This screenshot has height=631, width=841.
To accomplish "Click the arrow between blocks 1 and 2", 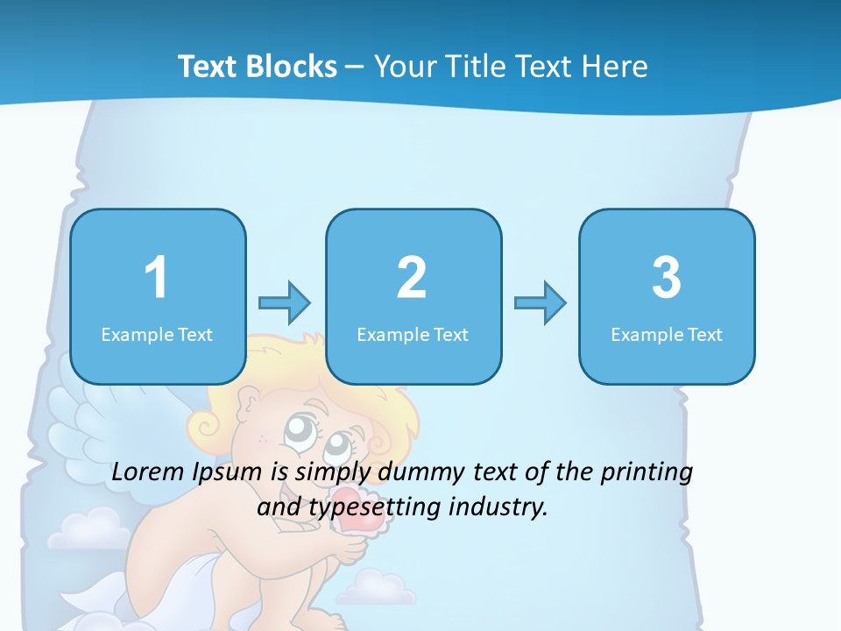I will point(285,303).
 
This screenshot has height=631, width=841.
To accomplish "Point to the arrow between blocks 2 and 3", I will point(540,303).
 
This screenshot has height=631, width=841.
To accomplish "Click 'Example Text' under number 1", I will point(157,335).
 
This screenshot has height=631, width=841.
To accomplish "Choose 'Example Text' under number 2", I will point(413,335).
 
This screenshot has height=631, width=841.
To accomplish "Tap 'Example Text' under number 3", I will point(667,335).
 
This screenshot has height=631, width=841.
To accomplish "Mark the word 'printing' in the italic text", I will point(647,472).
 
